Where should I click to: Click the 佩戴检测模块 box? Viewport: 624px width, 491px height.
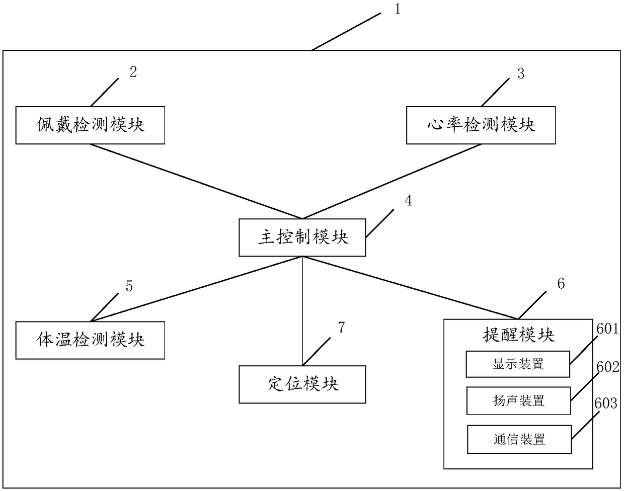pyautogui.click(x=90, y=125)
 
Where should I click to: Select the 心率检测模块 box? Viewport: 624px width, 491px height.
pyautogui.click(x=481, y=125)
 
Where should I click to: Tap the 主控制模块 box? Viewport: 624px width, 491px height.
pyautogui.click(x=302, y=237)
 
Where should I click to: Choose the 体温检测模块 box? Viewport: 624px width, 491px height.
pyautogui.click(x=90, y=340)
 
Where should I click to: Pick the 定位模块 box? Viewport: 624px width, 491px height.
pyautogui.click(x=302, y=384)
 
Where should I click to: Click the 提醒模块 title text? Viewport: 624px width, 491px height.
pyautogui.click(x=518, y=335)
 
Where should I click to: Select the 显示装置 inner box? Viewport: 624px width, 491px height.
pyautogui.click(x=518, y=364)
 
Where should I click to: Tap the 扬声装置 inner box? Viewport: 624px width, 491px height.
pyautogui.click(x=518, y=401)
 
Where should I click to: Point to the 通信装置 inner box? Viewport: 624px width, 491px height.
pyautogui.click(x=519, y=439)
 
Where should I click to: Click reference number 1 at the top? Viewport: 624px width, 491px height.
pyautogui.click(x=398, y=9)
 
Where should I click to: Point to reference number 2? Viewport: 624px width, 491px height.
pyautogui.click(x=133, y=72)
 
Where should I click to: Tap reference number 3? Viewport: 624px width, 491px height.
pyautogui.click(x=520, y=73)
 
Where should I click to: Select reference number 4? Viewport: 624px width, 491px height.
pyautogui.click(x=408, y=201)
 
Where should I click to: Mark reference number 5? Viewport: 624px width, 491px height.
pyautogui.click(x=129, y=286)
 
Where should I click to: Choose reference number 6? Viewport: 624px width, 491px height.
pyautogui.click(x=561, y=284)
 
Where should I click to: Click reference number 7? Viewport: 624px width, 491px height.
pyautogui.click(x=341, y=328)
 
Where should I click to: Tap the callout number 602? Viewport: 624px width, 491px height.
pyautogui.click(x=607, y=367)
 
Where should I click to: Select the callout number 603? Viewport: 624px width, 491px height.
pyautogui.click(x=605, y=403)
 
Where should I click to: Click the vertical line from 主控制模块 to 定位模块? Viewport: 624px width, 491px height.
pyautogui.click(x=302, y=312)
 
